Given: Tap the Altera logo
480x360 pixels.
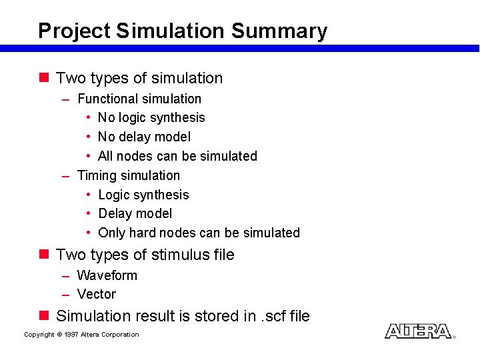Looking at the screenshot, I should pyautogui.click(x=419, y=331).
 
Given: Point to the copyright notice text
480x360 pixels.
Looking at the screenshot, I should pyautogui.click(x=81, y=335).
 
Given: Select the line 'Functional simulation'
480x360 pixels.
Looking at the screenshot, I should pyautogui.click(x=139, y=99).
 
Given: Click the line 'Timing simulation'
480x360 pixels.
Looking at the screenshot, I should pyautogui.click(x=129, y=175).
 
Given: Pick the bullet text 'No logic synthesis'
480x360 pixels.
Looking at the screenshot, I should pyautogui.click(x=151, y=118).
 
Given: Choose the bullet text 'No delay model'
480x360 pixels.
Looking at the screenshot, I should pyautogui.click(x=144, y=137).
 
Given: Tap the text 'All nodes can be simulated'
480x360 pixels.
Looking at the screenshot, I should pyautogui.click(x=177, y=156).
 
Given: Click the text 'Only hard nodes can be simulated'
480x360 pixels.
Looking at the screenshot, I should pyautogui.click(x=199, y=233).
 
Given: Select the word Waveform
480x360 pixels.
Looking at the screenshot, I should pyautogui.click(x=107, y=275).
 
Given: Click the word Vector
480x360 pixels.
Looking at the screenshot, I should pyautogui.click(x=97, y=294).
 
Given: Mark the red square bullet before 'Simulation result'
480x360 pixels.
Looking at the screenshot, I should pyautogui.click(x=44, y=315).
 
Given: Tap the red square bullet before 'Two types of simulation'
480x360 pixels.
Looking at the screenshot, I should pyautogui.click(x=44, y=77).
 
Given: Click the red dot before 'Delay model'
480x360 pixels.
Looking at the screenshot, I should pyautogui.click(x=89, y=214).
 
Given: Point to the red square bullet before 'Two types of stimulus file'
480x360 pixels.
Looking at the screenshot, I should pyautogui.click(x=44, y=254).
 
